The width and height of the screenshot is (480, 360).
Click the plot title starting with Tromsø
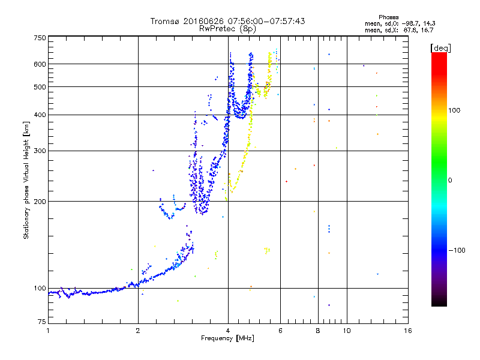click(x=227, y=21)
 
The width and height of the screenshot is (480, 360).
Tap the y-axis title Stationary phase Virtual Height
click(x=26, y=181)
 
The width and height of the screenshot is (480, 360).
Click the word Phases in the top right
click(x=389, y=17)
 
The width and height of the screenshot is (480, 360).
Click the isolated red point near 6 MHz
click(x=286, y=181)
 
